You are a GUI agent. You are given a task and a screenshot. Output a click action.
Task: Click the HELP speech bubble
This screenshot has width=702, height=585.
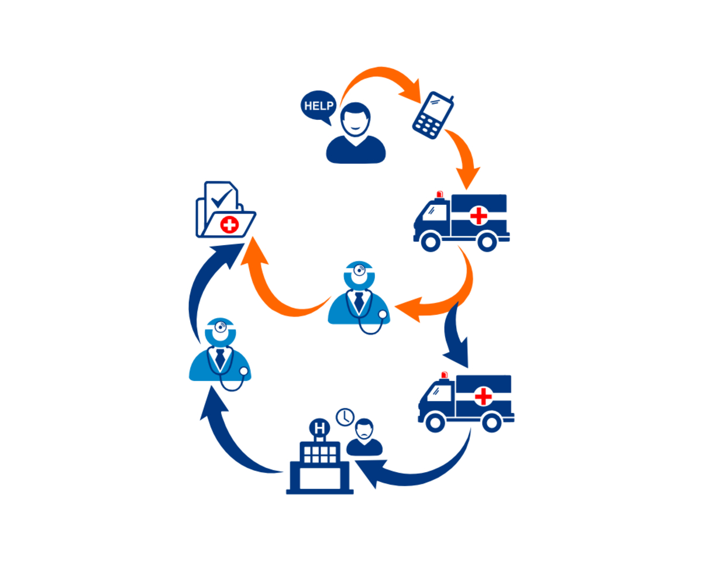tap(319, 106)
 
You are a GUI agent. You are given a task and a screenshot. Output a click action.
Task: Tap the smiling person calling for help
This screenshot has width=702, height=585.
tap(356, 137)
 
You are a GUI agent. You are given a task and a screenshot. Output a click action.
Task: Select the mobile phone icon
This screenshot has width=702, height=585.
tap(433, 115)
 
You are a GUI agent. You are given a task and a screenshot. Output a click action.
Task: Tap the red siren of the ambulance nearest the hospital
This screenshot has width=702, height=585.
tap(444, 374)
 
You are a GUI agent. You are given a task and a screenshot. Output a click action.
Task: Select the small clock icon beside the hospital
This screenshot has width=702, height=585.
tap(345, 417)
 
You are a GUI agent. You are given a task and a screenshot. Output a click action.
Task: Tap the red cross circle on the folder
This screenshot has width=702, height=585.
tap(230, 224)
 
